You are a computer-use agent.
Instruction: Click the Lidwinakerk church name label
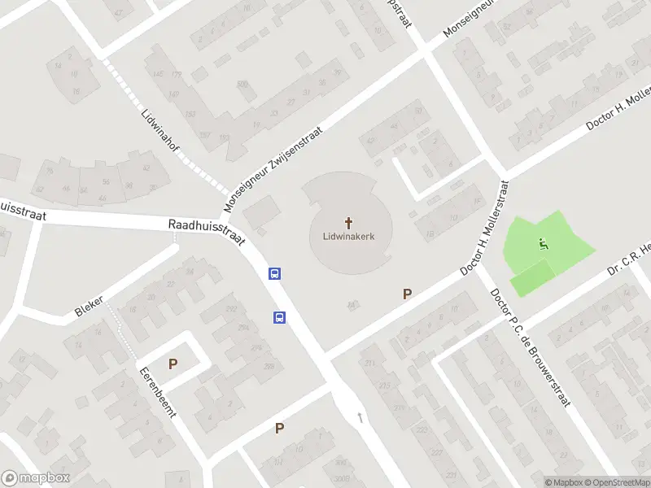click(x=349, y=237)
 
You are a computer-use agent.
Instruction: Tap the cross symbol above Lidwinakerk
click(x=349, y=221)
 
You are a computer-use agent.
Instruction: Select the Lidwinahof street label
click(x=159, y=133)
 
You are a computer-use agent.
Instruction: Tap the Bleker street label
click(x=89, y=307)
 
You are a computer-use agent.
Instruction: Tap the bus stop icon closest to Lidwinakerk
click(x=276, y=274)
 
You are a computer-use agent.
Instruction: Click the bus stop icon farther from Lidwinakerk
click(x=279, y=317)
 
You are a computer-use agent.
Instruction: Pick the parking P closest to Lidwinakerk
click(x=407, y=294)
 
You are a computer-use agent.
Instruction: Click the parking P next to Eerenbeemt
click(x=173, y=364)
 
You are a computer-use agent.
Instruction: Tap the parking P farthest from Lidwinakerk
click(x=279, y=428)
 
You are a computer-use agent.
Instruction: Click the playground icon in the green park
click(x=543, y=242)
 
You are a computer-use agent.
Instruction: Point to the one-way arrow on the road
click(x=360, y=417)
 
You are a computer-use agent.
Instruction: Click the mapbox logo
click(x=36, y=478)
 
